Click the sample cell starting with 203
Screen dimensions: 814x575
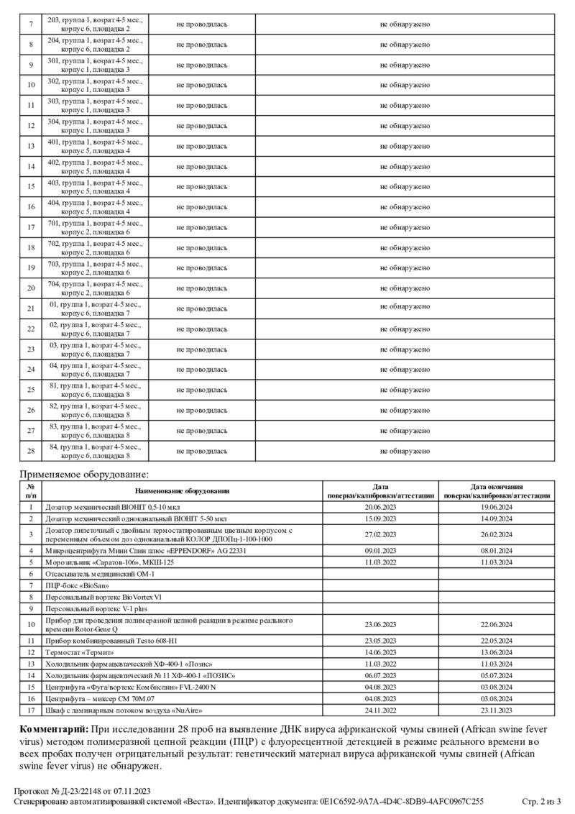tap(96, 24)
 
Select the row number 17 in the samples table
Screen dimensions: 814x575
tap(31, 227)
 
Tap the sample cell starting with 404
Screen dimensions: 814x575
tap(96, 207)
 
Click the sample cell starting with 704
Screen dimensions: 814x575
tap(96, 288)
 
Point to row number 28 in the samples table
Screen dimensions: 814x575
tap(31, 451)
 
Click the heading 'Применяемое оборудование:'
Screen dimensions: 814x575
tap(84, 475)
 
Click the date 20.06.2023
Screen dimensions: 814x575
tap(381, 507)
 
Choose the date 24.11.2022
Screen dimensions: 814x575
tap(381, 710)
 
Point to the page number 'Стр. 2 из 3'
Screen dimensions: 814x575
tap(541, 801)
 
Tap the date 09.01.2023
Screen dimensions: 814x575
tap(381, 550)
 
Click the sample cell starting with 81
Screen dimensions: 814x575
tap(96, 390)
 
